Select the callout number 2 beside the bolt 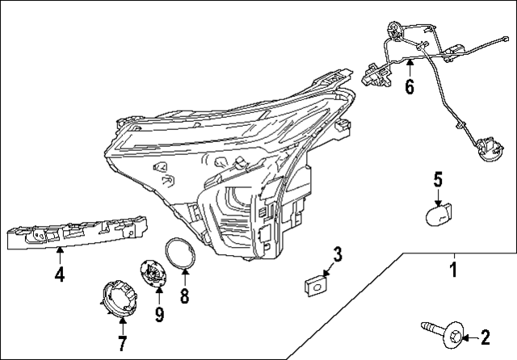point(485,336)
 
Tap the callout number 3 point(338,254)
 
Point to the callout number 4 point(59,275)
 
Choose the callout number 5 point(438,179)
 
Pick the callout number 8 point(184,296)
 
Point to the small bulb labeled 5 point(439,216)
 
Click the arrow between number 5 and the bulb point(438,197)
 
